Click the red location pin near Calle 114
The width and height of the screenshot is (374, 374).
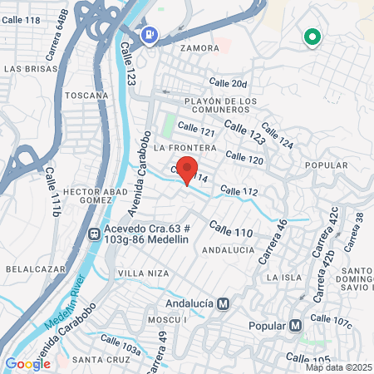tap(187, 170)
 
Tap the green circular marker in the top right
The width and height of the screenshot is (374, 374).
tap(312, 37)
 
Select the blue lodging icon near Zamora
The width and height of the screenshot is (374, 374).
tap(150, 35)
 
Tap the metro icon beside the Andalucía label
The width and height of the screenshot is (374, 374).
tap(222, 303)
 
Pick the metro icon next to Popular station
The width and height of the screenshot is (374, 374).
tap(296, 324)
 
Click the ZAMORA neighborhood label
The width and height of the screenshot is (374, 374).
tap(199, 48)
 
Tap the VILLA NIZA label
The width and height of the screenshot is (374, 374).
tap(143, 273)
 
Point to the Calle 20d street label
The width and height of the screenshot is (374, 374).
tap(228, 83)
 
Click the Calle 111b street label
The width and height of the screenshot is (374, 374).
tap(52, 192)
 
